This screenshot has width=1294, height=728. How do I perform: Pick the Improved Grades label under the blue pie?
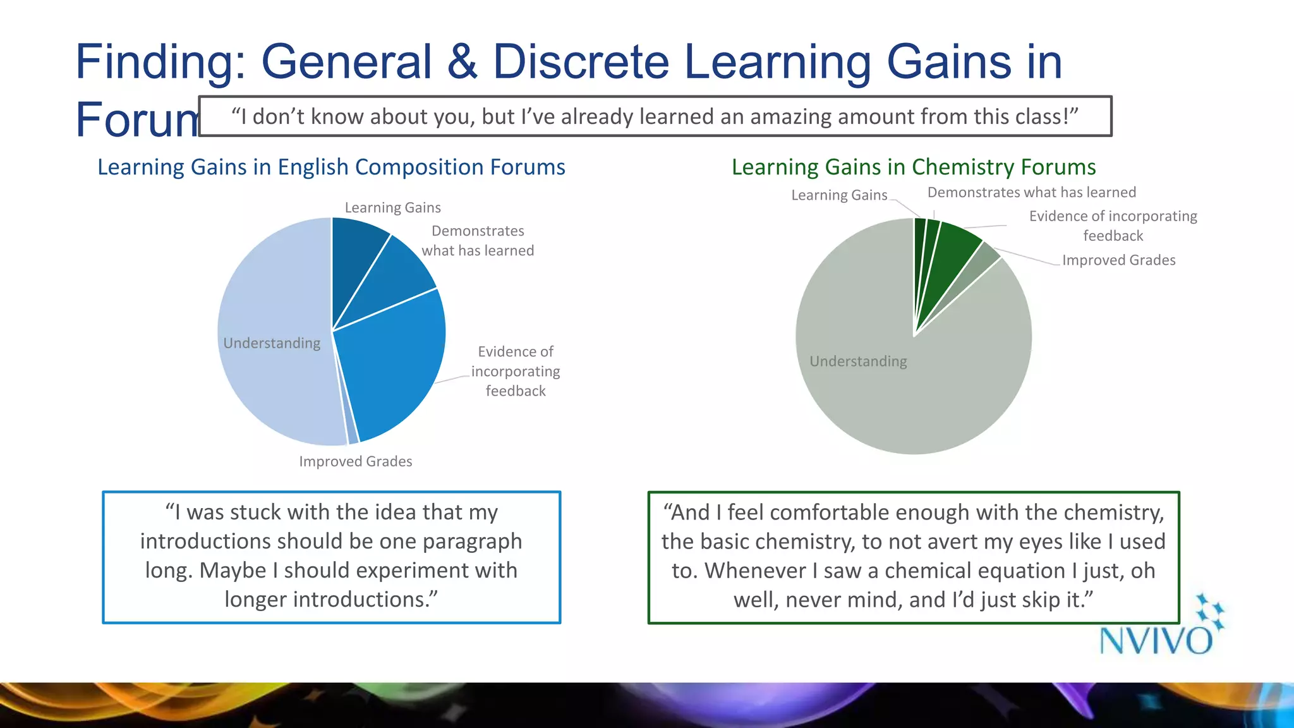[355, 461]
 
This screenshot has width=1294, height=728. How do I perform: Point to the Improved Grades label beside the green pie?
[1118, 260]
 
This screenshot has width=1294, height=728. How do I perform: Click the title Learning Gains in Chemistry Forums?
[913, 167]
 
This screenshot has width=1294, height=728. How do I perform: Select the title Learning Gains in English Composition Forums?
[331, 167]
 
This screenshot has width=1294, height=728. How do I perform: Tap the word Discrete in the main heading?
[580, 62]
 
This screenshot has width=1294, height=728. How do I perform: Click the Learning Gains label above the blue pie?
[392, 208]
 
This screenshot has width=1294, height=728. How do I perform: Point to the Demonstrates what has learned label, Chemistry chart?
[1031, 193]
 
